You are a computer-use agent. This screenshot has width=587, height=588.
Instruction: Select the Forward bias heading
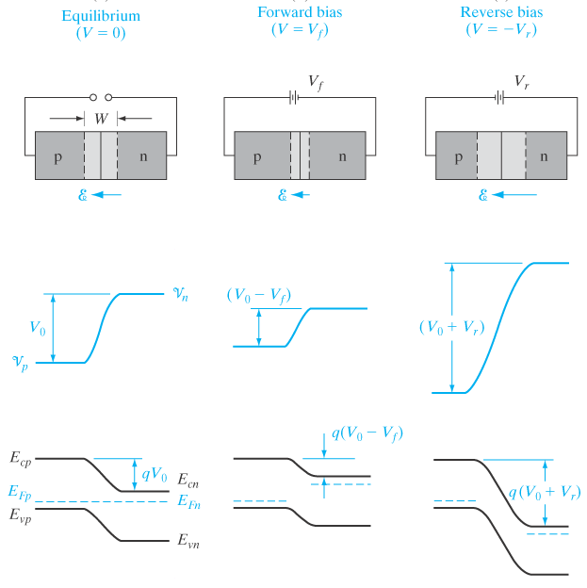(x=300, y=13)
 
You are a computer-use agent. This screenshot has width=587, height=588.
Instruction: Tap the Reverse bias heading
(x=501, y=13)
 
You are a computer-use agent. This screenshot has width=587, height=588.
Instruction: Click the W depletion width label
(x=101, y=118)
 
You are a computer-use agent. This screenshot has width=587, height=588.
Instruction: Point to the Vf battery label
(x=317, y=82)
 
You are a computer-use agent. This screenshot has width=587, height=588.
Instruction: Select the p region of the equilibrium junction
(x=57, y=156)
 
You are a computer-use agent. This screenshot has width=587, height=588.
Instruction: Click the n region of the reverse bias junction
(x=544, y=156)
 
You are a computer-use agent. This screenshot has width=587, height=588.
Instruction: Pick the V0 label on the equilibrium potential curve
(x=38, y=329)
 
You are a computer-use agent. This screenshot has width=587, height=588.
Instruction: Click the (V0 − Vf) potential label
(x=258, y=294)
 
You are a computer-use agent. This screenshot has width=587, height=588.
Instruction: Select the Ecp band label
(x=20, y=459)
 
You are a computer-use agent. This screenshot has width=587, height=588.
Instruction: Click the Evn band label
(x=188, y=542)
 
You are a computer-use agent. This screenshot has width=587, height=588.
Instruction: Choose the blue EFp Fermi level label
(x=20, y=492)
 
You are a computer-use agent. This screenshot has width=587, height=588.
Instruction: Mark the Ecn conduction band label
(x=188, y=483)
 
